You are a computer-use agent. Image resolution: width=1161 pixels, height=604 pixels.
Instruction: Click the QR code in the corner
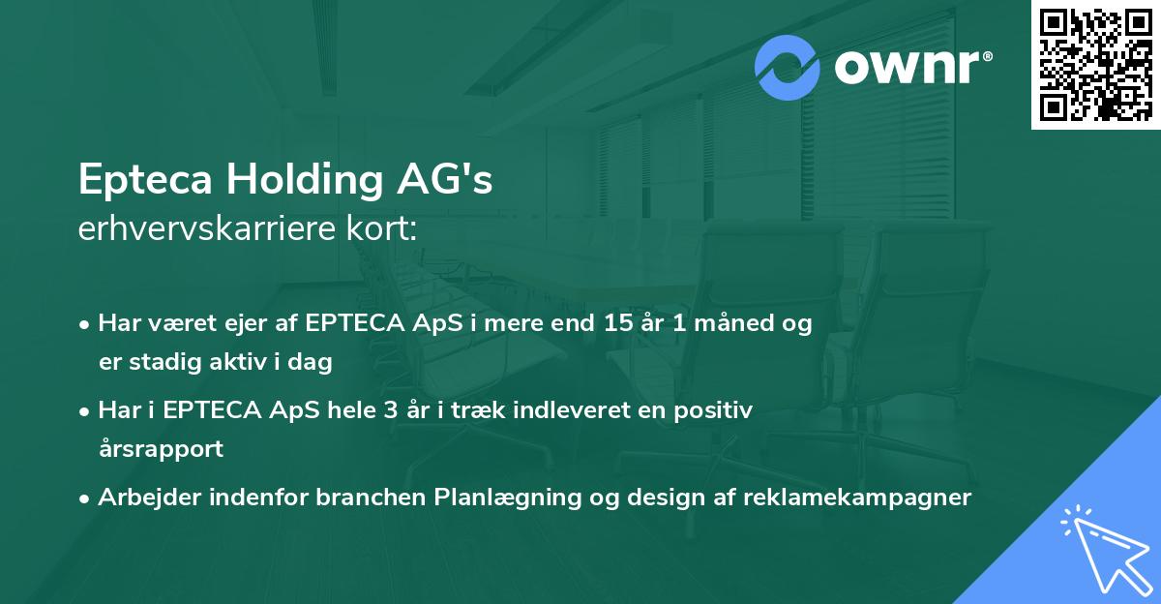1095,64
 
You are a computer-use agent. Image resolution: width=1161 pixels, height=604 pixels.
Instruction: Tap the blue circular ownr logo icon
789,67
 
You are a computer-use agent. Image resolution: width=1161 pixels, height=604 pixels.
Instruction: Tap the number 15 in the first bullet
618,323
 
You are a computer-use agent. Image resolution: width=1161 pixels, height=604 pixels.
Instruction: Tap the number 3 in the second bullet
391,410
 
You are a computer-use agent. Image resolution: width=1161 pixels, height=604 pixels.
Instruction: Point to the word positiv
714,410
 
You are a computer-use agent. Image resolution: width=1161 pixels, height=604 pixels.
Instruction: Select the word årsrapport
160,449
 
